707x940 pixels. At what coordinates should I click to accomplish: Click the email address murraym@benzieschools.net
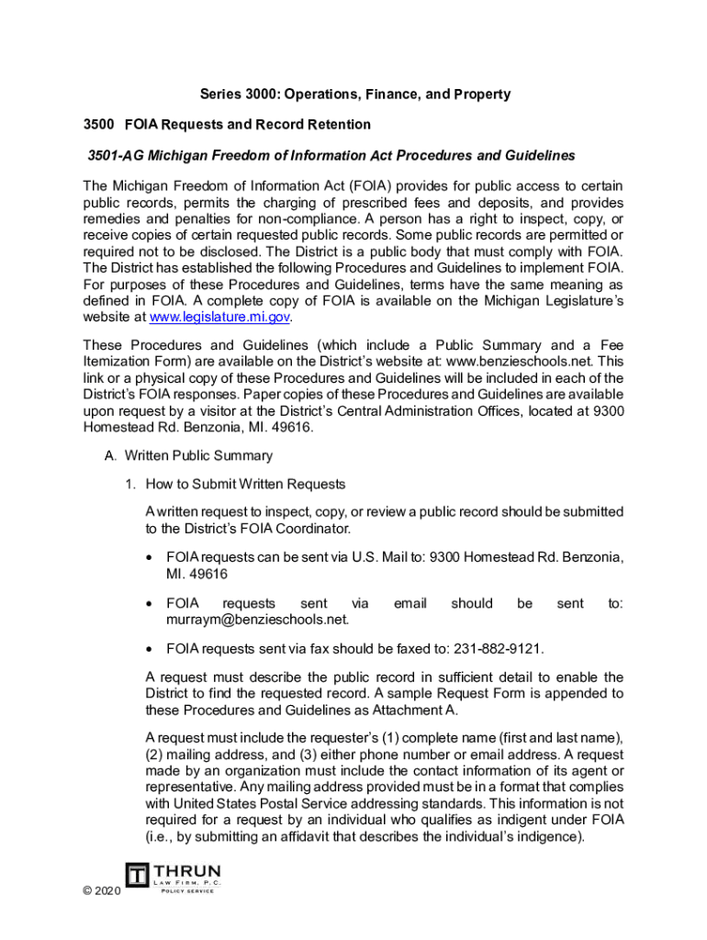point(247,620)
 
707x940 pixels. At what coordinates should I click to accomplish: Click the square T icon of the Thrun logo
point(138,877)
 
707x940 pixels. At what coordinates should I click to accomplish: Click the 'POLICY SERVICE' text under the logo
point(187,890)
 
